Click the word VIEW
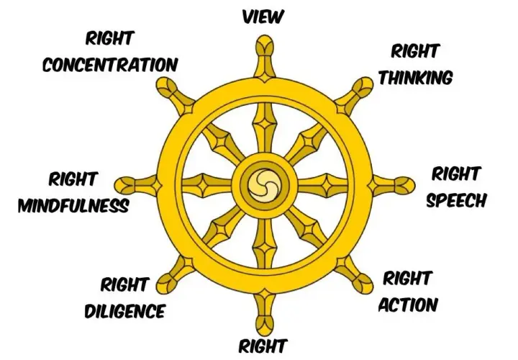263,17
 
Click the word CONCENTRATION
110,65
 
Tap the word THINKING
416,78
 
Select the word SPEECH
456,200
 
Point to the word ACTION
408,305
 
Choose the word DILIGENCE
125,311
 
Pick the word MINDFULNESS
73,206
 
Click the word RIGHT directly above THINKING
414,52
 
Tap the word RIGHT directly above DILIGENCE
124,285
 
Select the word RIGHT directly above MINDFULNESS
73,179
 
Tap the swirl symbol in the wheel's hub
264,185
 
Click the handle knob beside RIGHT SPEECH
404,185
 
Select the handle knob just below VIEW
265,45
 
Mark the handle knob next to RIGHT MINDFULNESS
124,185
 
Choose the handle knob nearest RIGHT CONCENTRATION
167,87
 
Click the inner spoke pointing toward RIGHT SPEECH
323,185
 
